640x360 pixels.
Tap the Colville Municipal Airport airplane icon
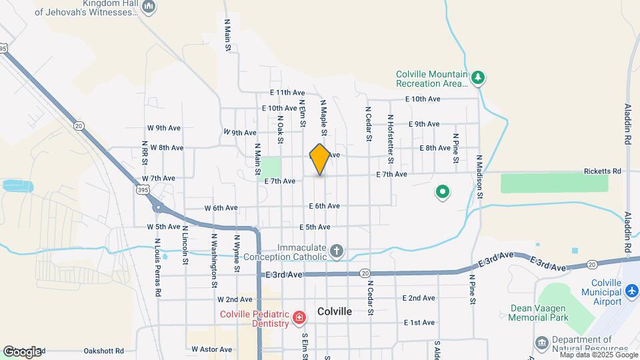632,291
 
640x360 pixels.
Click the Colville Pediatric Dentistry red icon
299,316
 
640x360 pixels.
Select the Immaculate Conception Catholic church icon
337,251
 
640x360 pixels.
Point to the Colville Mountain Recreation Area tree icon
477,78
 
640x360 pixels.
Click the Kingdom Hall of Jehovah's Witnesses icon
149,7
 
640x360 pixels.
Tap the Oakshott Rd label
104,351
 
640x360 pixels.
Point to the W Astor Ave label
211,349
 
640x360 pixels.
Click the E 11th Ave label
287,93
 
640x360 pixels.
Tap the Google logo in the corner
23,351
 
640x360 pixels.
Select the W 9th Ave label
164,127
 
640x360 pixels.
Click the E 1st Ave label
419,323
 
